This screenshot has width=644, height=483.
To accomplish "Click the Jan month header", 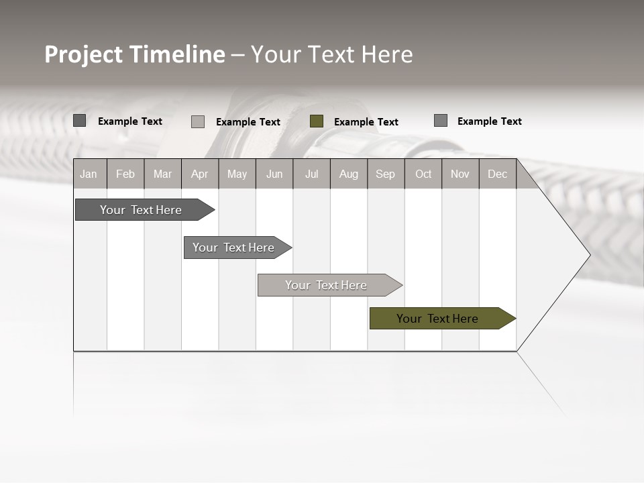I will [x=89, y=174].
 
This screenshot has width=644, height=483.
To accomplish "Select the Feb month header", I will [x=125, y=174].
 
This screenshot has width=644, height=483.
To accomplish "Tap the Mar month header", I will [x=162, y=174].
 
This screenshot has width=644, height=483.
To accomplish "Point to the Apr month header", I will [x=200, y=174].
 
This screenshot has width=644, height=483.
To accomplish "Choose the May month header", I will [x=237, y=174].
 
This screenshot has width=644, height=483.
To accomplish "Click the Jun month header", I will [x=274, y=174].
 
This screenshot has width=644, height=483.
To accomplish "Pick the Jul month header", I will [x=311, y=174].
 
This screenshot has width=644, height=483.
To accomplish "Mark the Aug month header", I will [x=349, y=174].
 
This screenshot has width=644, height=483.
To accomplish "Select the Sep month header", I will [x=386, y=174].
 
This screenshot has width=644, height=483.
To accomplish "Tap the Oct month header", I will [x=423, y=174].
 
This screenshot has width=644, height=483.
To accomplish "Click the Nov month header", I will [x=460, y=174].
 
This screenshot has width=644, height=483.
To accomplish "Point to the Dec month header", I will [x=498, y=174].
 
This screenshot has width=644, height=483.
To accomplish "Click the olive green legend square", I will [x=317, y=121].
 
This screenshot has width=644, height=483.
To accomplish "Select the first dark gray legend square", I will [x=80, y=121].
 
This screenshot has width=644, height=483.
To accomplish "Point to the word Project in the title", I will [x=84, y=54].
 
